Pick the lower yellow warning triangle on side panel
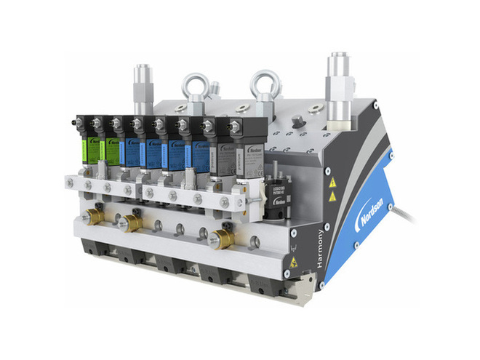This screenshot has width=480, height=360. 332,196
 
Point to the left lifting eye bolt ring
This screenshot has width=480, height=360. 195,87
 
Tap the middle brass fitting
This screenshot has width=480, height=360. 133,222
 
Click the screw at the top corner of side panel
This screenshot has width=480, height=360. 376,105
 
